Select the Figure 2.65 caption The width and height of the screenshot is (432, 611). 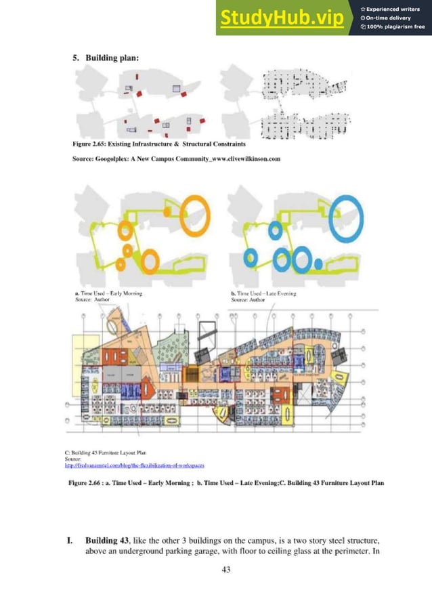tap(159, 144)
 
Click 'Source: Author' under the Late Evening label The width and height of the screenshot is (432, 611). tap(246, 299)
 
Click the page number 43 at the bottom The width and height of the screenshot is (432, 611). tap(226, 570)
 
